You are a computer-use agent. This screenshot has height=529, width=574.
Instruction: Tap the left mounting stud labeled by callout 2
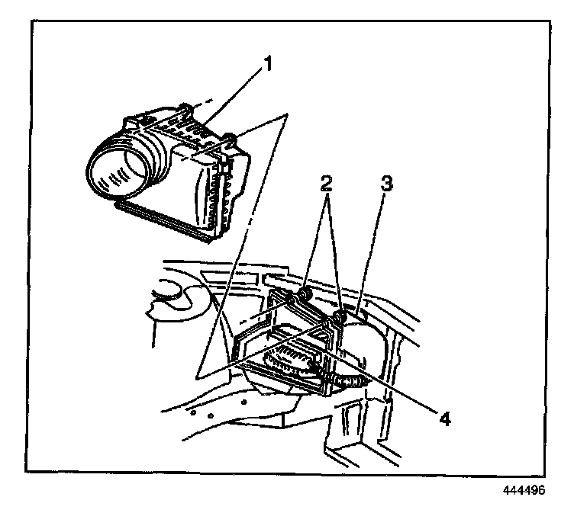pyautogui.click(x=304, y=293)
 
